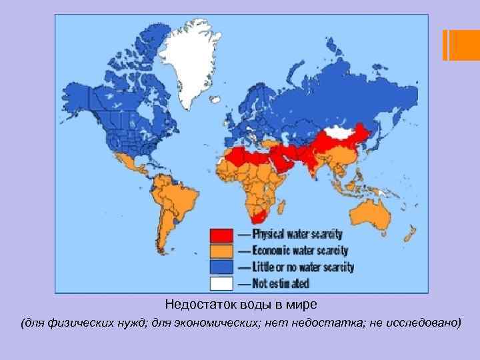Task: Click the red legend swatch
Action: click(221, 235)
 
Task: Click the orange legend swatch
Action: click(221, 251)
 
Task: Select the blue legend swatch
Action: click(221, 267)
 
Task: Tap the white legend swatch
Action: click(221, 283)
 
